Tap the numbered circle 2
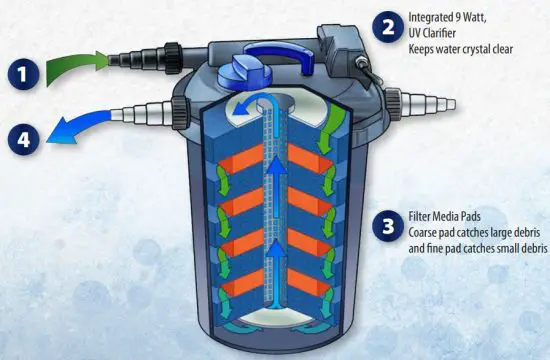tap(386, 26)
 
